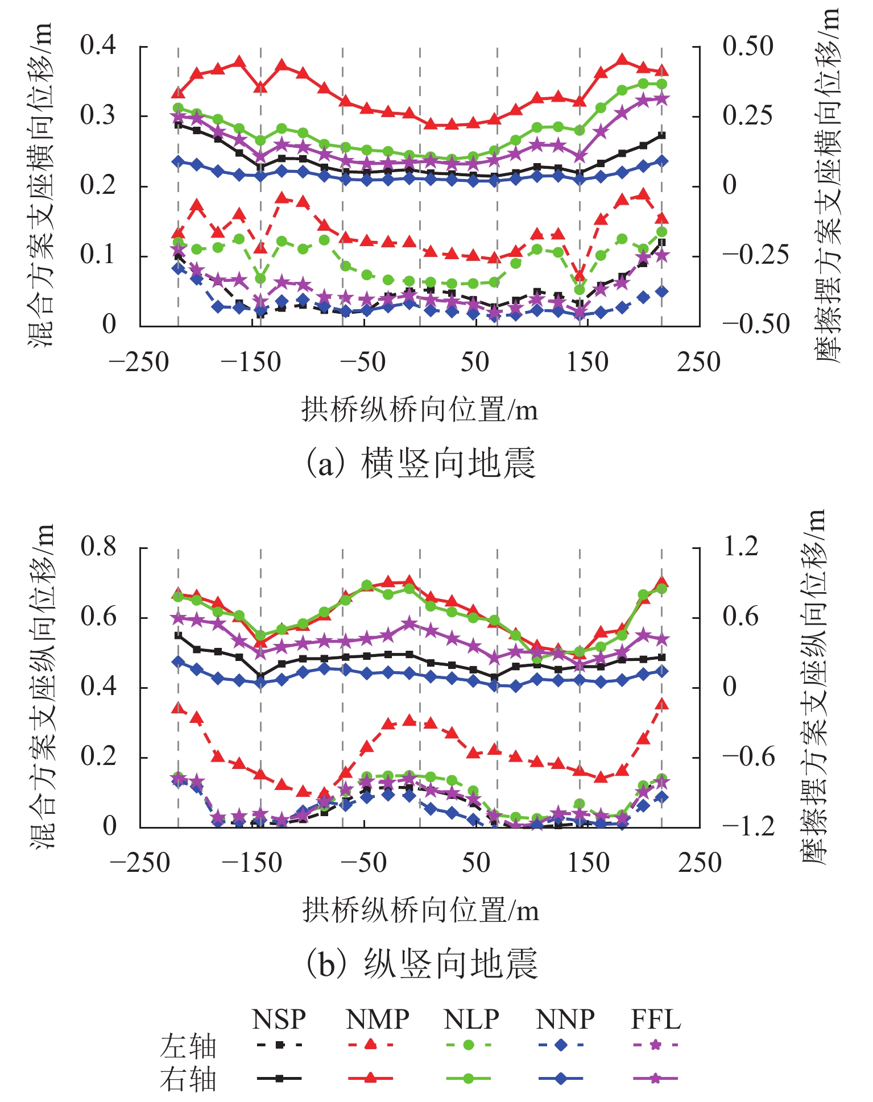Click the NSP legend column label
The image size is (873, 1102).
point(279,1020)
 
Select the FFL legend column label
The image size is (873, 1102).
point(656,1020)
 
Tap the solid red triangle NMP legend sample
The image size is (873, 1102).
point(370,1078)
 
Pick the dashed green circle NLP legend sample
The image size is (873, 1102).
point(468,1045)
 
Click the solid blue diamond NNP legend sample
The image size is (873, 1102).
point(560,1078)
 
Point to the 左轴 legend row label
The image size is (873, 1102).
point(188,1046)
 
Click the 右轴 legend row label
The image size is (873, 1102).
point(188,1079)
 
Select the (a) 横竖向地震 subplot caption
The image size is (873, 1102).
point(421,463)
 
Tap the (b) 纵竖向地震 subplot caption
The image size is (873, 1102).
point(421,964)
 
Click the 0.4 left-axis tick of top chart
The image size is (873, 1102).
point(98,45)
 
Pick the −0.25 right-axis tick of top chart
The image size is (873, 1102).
point(755,255)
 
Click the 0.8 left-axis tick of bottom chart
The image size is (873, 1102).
point(98,547)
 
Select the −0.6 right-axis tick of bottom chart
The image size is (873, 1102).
point(748,757)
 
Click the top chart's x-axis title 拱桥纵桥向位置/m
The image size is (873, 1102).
point(420,409)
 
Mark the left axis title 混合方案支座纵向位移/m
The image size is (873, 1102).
point(42,687)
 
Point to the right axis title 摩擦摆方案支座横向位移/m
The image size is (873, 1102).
point(828,185)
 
